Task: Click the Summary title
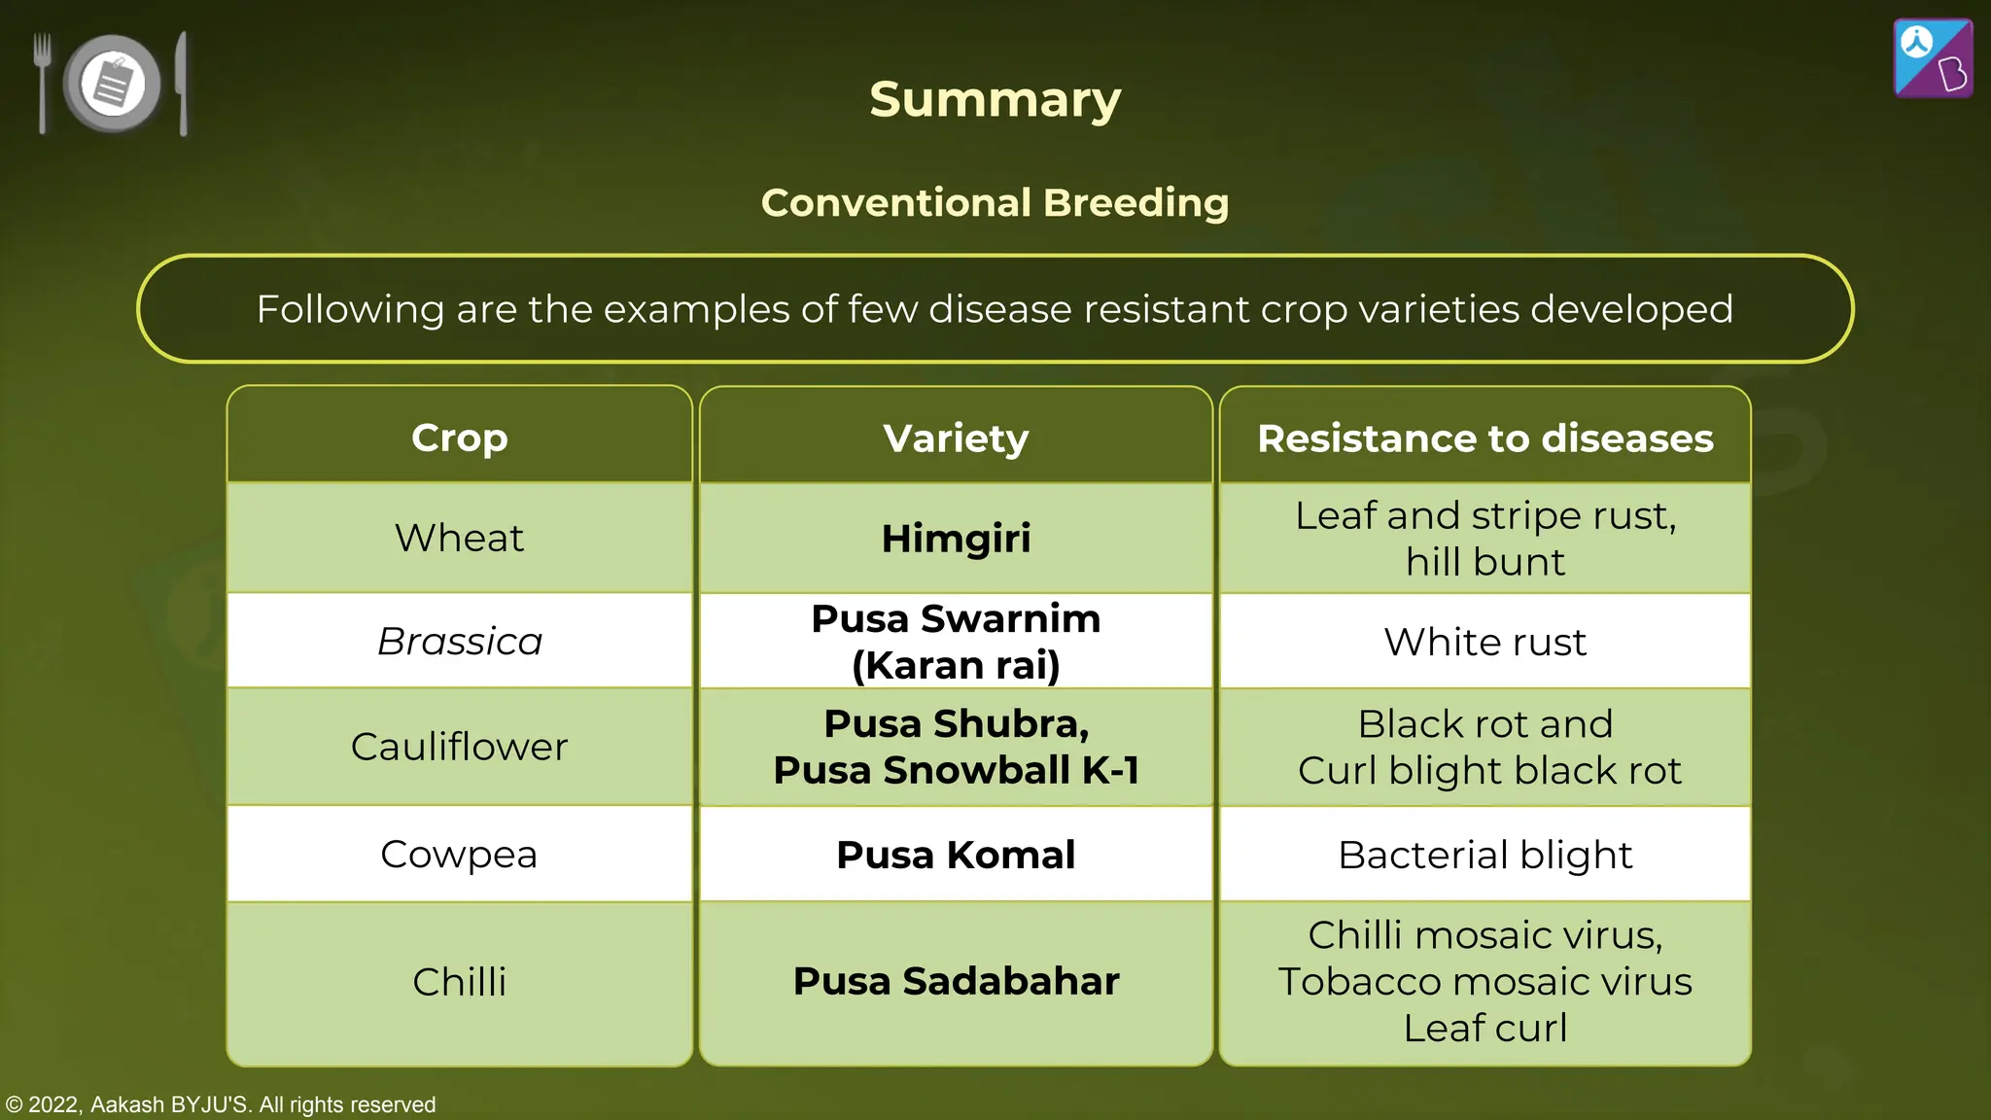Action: tap(995, 99)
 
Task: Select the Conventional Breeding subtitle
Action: tap(995, 202)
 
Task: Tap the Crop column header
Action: tap(459, 437)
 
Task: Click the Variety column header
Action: tap(956, 438)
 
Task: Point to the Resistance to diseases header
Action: tap(1485, 438)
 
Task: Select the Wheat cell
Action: tap(459, 538)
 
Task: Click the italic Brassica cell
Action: tap(459, 642)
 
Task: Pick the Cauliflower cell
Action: tap(459, 747)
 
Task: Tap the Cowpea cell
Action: tap(459, 855)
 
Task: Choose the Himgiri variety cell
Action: tap(956, 539)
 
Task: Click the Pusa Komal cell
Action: tap(956, 855)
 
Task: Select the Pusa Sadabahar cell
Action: tap(956, 981)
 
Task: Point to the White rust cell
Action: tap(1485, 642)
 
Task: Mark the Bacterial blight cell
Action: tap(1485, 855)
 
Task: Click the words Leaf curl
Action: tap(1485, 1028)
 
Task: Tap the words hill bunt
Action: tap(1485, 562)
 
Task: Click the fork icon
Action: tap(42, 83)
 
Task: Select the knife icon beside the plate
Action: tap(182, 83)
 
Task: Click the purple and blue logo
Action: tap(1933, 58)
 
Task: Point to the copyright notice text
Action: tap(221, 1104)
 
